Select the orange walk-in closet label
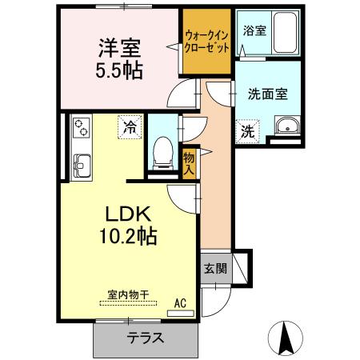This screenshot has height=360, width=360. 206,42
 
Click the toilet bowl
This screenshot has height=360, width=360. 164,150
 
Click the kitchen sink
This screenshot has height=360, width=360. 82,166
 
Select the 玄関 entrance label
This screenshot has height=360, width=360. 213,268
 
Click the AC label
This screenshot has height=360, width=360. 181,302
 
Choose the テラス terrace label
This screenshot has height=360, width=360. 145,338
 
